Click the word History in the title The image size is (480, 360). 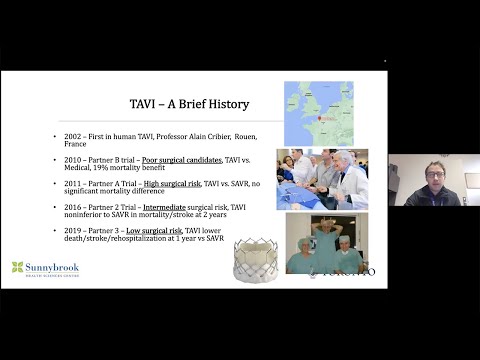click(225, 104)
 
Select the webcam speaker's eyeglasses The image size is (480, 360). click(434, 172)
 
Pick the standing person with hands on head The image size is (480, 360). click(325, 240)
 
